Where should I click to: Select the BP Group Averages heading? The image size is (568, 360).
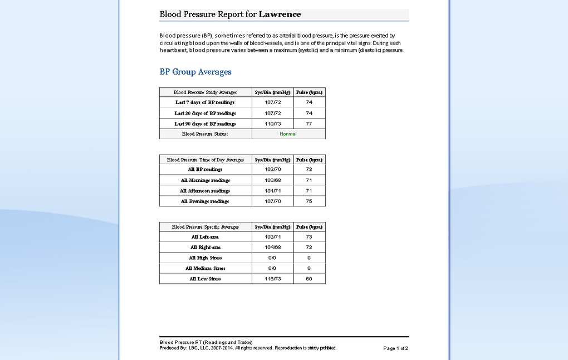pos(195,72)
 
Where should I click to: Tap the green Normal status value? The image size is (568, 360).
pos(288,134)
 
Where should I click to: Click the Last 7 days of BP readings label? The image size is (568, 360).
pos(205,102)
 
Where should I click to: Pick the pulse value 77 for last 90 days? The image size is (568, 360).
pos(309,124)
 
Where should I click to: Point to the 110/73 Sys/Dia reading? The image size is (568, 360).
pos(273,124)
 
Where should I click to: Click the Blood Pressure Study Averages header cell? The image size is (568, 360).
pos(205,92)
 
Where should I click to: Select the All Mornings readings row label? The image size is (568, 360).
pos(205,180)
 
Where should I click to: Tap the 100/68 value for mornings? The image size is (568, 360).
pos(273,180)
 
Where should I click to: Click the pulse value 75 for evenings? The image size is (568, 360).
pos(309,201)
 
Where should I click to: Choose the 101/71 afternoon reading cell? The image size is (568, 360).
pos(273,191)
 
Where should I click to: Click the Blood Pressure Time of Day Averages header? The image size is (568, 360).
pos(205,160)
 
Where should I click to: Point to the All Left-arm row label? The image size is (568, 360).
pos(205,237)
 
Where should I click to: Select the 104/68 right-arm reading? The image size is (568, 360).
pos(273,247)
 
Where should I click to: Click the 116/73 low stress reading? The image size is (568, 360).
pos(273,279)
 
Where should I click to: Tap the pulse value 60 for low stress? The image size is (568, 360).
pos(309,279)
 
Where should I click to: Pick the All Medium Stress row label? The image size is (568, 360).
pos(205,268)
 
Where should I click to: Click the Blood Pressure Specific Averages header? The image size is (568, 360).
pos(205,227)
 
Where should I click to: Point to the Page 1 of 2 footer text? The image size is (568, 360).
pos(395,348)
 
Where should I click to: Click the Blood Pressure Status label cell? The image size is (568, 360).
pos(205,134)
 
